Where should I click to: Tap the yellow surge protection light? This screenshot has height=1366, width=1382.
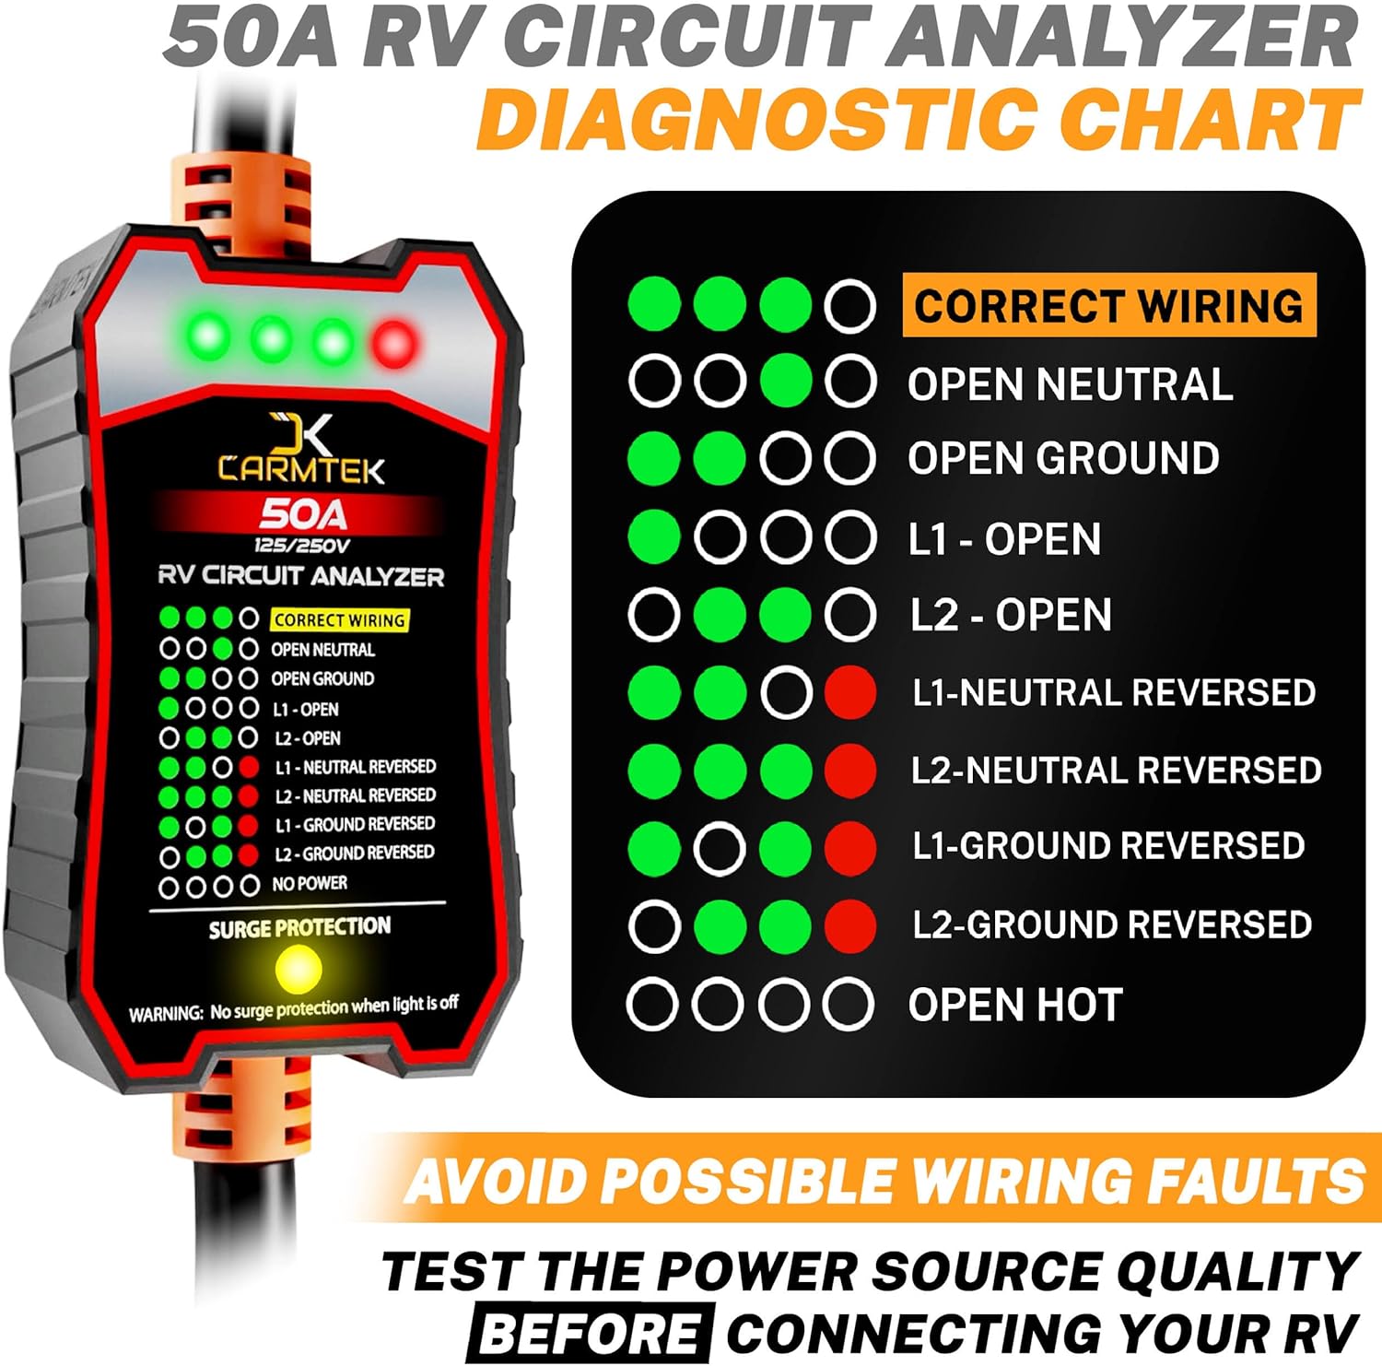(298, 969)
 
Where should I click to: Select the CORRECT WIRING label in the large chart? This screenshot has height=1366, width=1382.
(1108, 305)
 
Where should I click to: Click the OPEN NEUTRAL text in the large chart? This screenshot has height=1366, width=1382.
(1070, 383)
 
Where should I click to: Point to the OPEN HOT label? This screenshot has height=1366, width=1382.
(1015, 1004)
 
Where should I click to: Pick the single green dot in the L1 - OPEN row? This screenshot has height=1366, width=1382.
(654, 537)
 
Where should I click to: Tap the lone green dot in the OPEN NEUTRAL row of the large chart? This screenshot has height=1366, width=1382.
(786, 382)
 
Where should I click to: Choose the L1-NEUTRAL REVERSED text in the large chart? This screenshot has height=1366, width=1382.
(1113, 692)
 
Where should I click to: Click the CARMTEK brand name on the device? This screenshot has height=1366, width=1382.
(301, 469)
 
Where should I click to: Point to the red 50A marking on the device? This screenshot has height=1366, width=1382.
(303, 513)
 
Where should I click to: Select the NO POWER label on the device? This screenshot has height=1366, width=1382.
(310, 883)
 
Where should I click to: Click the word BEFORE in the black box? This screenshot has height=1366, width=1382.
(590, 1333)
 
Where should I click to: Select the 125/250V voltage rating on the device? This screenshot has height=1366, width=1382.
(302, 546)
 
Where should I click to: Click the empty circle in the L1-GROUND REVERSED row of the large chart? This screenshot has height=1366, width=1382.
(720, 847)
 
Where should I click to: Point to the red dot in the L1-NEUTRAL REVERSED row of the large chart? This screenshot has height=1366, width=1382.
(850, 692)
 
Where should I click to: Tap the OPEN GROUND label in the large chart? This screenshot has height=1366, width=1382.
(1063, 458)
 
